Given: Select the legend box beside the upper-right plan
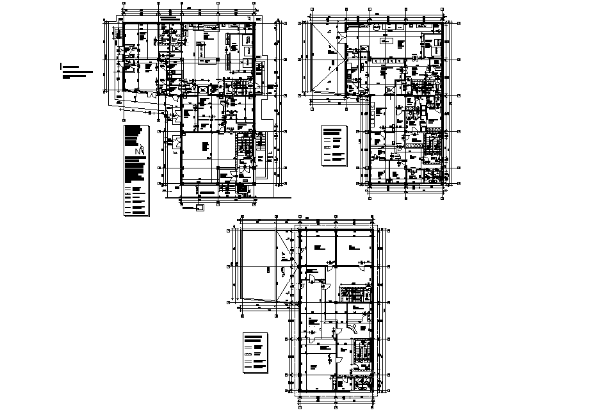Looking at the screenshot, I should click(x=334, y=146).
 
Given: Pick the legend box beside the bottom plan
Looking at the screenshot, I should click(x=255, y=353).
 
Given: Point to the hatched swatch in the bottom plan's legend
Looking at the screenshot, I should click(x=248, y=354).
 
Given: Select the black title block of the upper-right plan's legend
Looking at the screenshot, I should click(x=332, y=131).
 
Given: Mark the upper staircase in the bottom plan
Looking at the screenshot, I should click(x=352, y=294).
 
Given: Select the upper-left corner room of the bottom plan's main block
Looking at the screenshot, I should click(x=318, y=246).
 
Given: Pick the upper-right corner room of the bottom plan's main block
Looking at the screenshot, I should click(x=355, y=246).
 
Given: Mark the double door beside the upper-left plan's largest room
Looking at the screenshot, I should click(x=172, y=145).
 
